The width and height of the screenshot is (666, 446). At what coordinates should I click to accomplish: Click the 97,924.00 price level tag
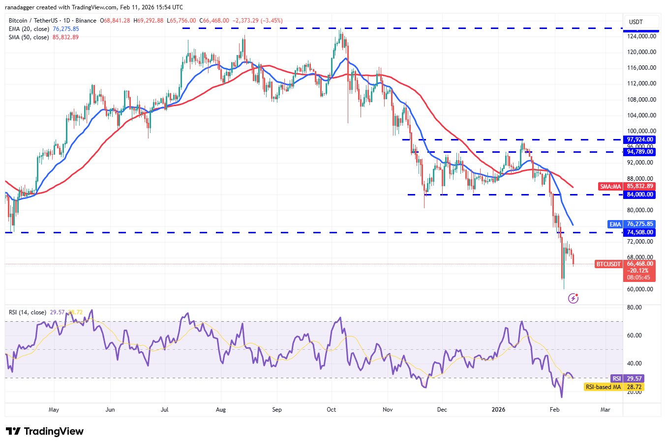click(640, 139)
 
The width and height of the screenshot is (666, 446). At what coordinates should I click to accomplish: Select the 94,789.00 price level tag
click(640, 152)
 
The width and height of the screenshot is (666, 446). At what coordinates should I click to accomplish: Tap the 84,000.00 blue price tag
click(640, 195)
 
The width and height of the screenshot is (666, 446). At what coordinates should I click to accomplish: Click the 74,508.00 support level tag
click(640, 232)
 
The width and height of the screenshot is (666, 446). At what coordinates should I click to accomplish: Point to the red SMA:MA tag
click(610, 187)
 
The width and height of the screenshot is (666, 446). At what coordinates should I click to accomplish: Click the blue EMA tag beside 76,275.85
click(615, 224)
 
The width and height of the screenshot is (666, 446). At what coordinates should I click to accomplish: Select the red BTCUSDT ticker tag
click(608, 264)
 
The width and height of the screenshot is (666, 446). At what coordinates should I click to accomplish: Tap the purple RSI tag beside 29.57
click(616, 379)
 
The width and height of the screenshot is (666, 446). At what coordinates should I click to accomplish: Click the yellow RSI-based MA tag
click(603, 387)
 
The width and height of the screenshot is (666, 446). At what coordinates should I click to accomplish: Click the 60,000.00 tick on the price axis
click(640, 289)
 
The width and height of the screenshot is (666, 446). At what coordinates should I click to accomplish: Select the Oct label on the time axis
click(332, 410)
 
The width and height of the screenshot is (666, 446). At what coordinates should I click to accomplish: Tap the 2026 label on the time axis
click(499, 410)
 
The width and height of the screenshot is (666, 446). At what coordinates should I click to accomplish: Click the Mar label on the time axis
click(605, 410)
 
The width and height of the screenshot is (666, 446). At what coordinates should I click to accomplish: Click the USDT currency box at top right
click(636, 22)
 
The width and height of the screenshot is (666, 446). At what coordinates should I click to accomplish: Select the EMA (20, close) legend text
click(29, 29)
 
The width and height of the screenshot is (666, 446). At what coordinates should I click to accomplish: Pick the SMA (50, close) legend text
click(29, 37)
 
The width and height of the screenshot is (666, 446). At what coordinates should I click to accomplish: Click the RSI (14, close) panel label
click(28, 312)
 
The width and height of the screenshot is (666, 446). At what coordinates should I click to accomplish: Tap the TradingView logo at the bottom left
click(45, 431)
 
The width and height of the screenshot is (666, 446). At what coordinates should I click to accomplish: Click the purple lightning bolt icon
click(573, 298)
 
